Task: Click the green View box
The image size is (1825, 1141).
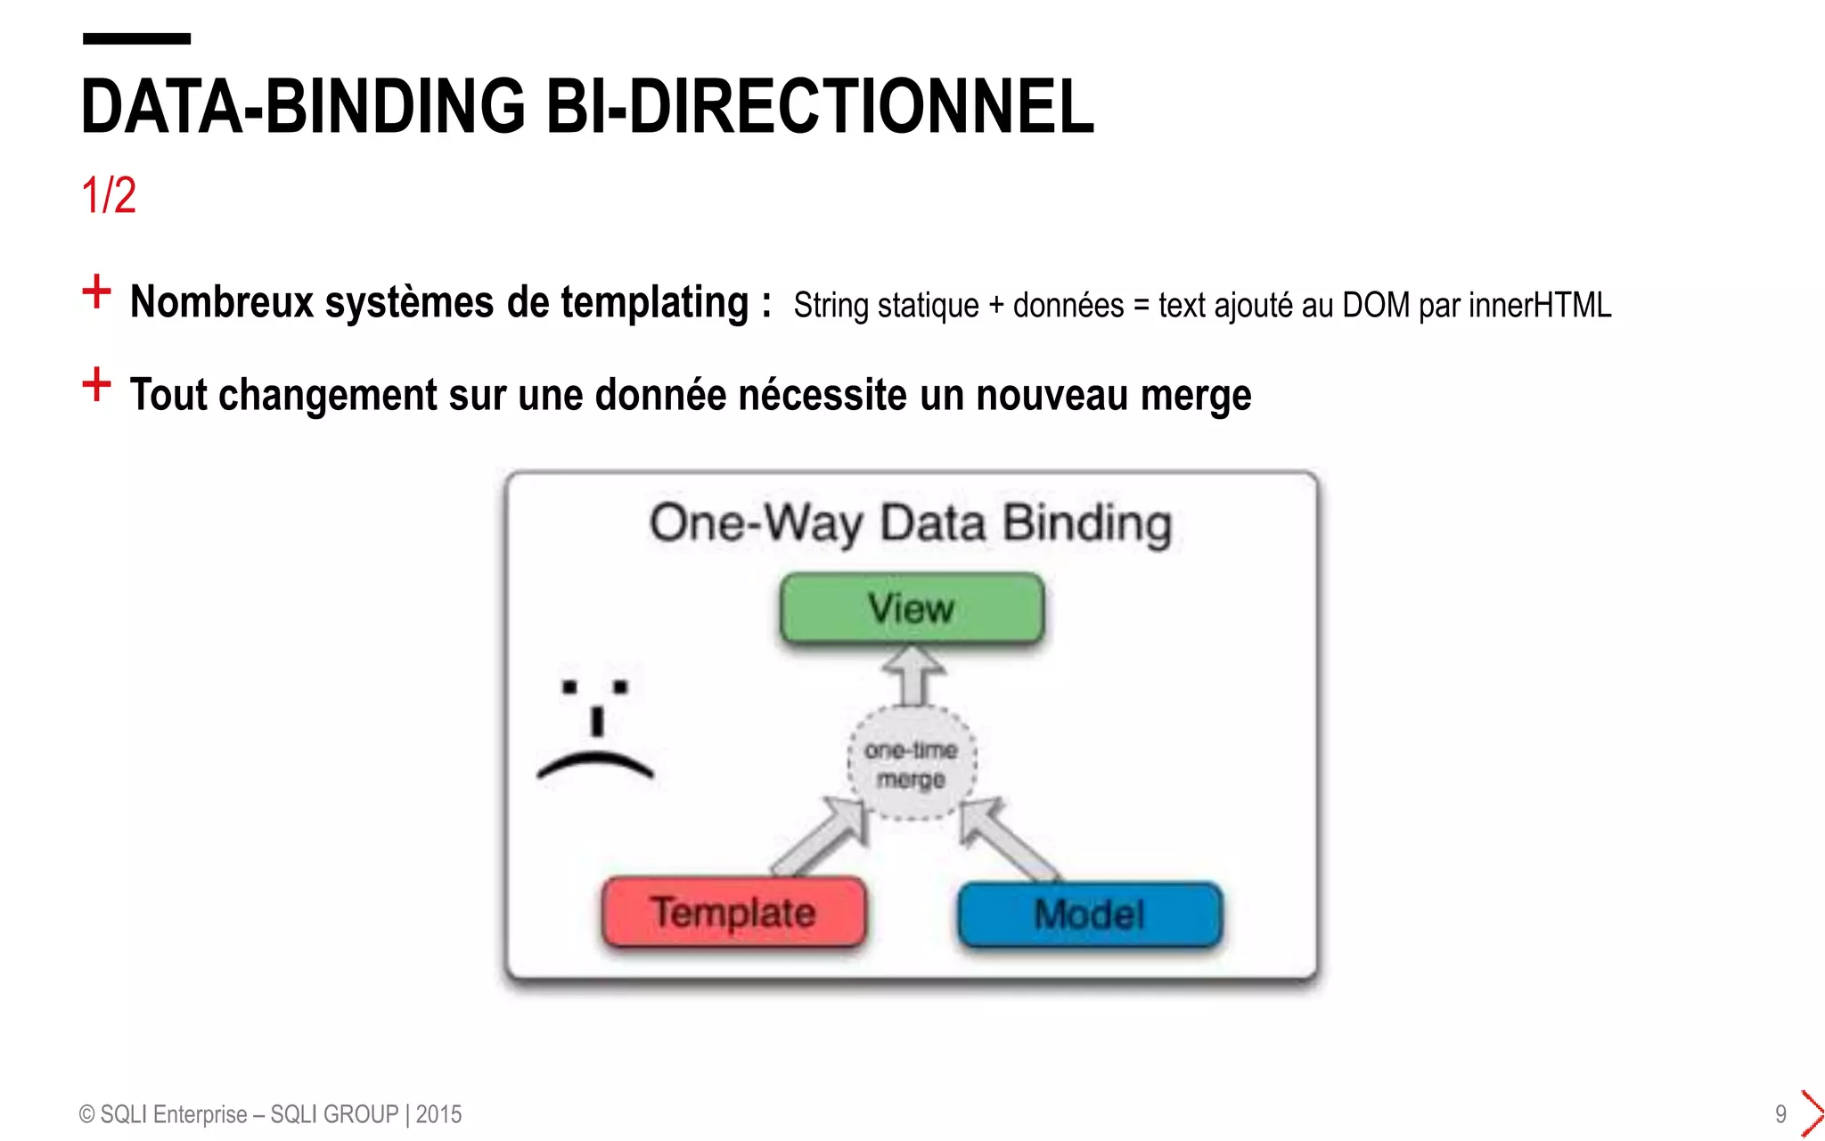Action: click(x=912, y=608)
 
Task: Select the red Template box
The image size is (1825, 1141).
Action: click(x=733, y=912)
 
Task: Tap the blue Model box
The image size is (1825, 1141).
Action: click(x=1089, y=915)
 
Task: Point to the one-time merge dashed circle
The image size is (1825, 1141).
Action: click(x=911, y=763)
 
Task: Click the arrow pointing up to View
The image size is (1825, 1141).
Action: click(x=912, y=674)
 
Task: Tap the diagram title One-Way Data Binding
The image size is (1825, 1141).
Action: click(x=910, y=523)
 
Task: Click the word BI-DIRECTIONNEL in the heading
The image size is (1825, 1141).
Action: click(x=819, y=107)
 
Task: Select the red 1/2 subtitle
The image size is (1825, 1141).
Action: click(x=108, y=194)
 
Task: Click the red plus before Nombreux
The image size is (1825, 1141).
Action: click(x=96, y=291)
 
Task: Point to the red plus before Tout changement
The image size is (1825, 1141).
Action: click(x=96, y=384)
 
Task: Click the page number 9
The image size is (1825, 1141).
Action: click(x=1780, y=1114)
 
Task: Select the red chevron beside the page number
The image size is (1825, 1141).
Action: click(x=1812, y=1113)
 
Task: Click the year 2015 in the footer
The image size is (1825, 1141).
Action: click(x=438, y=1114)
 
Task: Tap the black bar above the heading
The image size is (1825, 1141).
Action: click(x=136, y=38)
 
